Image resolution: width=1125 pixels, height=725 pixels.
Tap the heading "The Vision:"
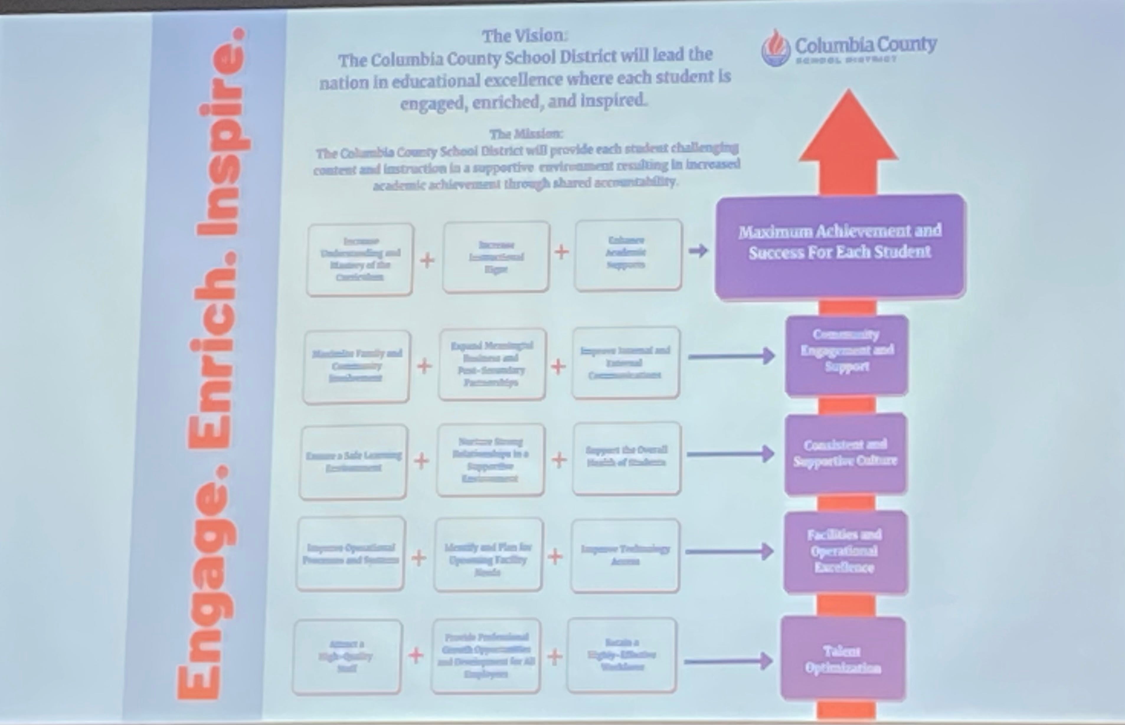pos(525,36)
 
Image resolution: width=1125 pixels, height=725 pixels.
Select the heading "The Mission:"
pos(526,134)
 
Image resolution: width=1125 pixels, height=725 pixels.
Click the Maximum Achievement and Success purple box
pos(840,246)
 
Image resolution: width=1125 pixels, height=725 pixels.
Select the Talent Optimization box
pos(843,659)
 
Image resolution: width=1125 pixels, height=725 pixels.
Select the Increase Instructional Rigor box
pos(496,257)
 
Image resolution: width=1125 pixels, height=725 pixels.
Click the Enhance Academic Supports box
pos(627,254)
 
